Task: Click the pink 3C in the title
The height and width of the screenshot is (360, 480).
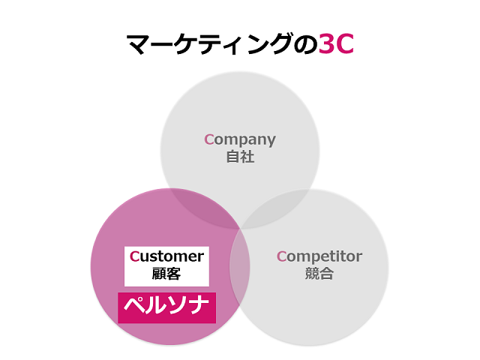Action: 336,44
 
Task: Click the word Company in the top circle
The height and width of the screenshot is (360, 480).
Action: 240,139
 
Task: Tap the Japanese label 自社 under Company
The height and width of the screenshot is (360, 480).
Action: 240,157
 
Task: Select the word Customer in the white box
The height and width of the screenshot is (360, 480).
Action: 166,256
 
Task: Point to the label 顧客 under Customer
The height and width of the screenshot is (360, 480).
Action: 166,274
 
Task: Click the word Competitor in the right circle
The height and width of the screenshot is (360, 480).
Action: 319,256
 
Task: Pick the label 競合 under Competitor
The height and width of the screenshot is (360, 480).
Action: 319,274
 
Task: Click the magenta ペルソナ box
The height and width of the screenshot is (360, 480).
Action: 166,307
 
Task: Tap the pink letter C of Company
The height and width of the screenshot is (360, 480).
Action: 209,139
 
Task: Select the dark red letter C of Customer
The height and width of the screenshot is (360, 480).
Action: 134,256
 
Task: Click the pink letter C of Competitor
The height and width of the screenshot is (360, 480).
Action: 281,256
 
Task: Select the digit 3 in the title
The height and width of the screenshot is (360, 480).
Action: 326,44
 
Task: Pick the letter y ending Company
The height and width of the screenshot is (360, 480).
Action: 271,141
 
